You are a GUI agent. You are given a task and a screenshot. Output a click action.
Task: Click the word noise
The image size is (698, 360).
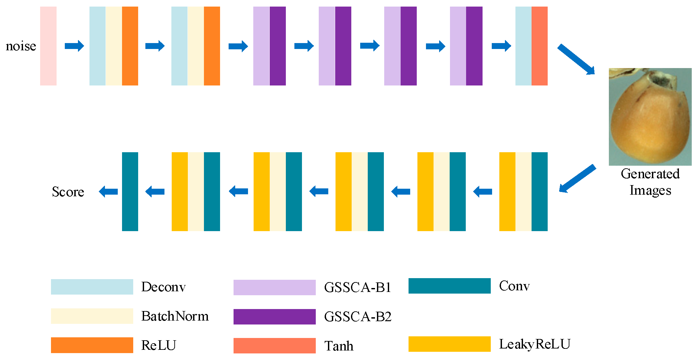(x=21, y=46)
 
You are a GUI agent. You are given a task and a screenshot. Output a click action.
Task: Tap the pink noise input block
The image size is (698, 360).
(x=48, y=46)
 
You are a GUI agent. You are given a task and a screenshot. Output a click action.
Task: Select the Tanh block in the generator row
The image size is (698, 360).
(x=539, y=46)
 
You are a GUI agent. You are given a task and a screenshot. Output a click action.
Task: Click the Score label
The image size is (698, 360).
(x=68, y=192)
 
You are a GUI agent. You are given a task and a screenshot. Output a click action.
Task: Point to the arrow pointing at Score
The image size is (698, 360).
(x=108, y=191)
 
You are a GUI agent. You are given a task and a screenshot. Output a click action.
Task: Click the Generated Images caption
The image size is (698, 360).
(x=650, y=182)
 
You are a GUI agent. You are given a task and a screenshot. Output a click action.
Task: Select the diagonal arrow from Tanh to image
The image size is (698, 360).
(x=576, y=60)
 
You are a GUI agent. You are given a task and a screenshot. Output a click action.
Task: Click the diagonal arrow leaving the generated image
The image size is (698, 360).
(x=577, y=179)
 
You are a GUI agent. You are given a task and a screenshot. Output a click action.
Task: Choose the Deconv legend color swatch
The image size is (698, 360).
(x=92, y=287)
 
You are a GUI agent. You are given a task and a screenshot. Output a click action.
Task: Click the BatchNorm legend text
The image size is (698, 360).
(x=175, y=316)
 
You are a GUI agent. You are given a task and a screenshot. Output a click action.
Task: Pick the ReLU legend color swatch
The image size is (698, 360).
(x=92, y=345)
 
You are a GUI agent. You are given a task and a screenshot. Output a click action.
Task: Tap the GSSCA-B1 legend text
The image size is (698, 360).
(x=358, y=287)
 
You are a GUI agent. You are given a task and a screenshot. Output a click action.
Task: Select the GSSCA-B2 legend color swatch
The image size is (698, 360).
(x=274, y=317)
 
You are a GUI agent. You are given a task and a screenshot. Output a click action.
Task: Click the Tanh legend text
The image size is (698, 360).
(x=339, y=346)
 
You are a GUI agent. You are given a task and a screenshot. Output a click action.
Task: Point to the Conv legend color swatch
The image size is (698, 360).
(x=449, y=286)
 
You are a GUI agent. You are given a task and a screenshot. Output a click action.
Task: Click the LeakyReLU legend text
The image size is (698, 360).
(x=535, y=344)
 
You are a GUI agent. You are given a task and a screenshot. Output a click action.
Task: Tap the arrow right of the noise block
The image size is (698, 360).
(x=74, y=46)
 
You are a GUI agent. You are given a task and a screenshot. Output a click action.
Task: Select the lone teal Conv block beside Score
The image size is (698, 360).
(x=130, y=192)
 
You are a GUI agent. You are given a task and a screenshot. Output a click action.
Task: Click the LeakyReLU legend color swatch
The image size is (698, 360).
(x=449, y=344)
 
